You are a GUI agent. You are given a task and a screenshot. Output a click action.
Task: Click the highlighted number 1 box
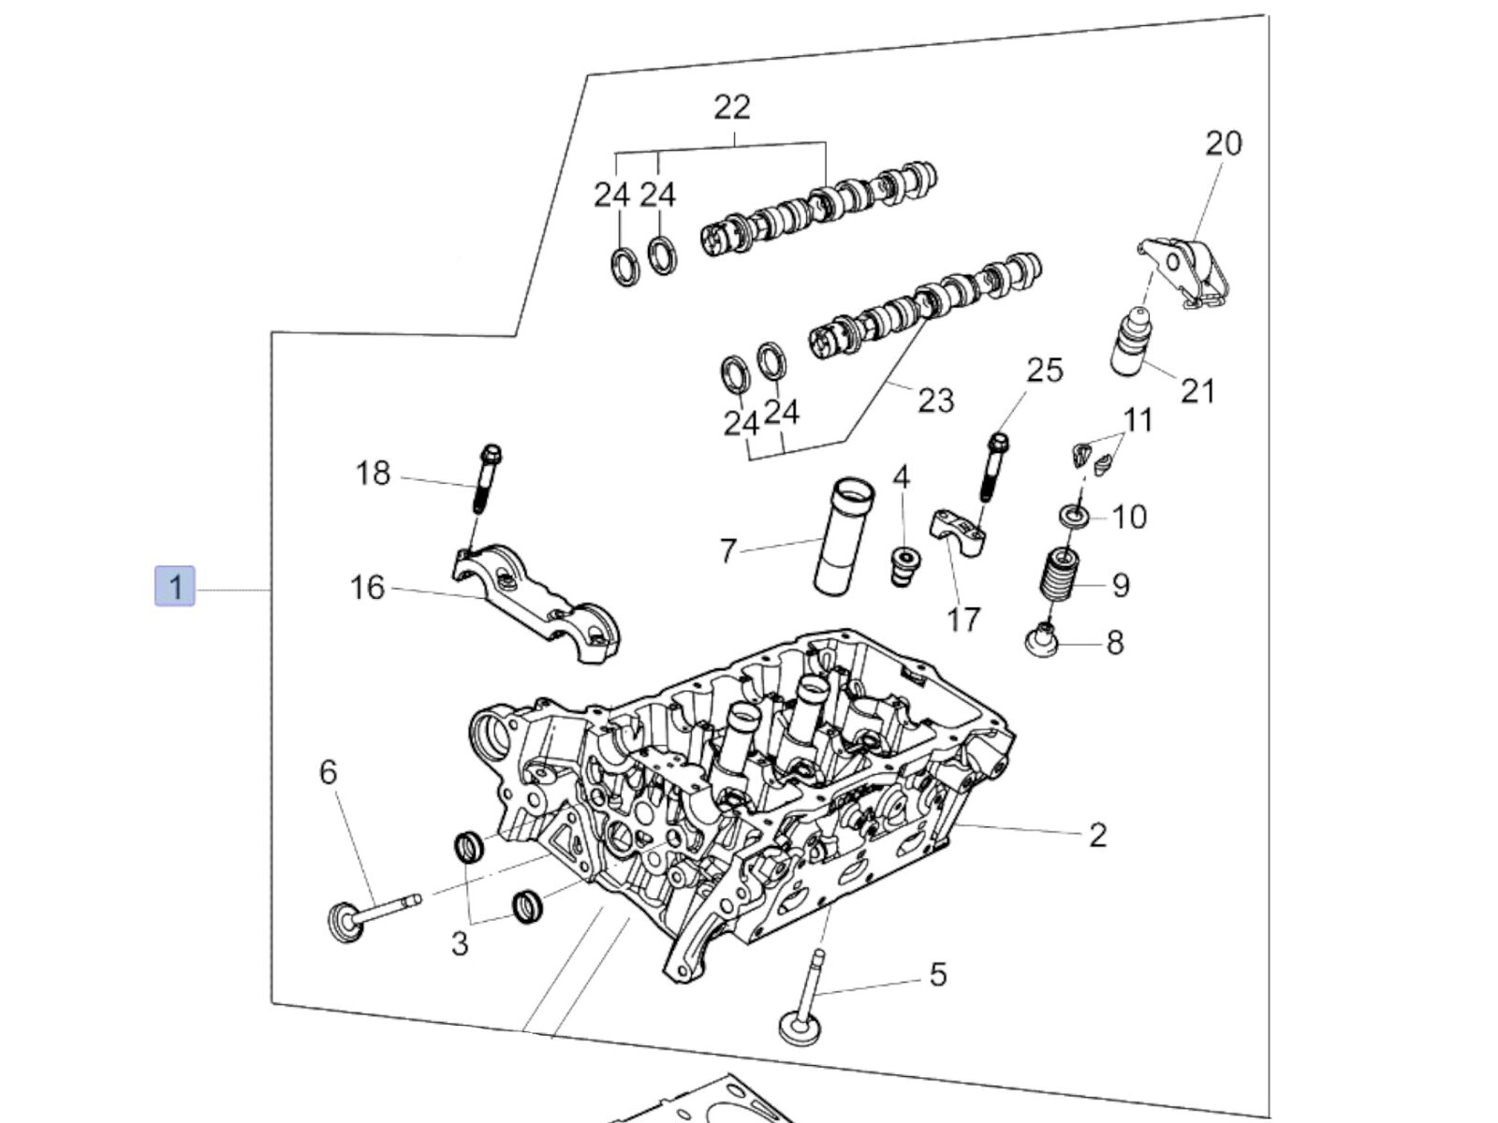click(x=175, y=587)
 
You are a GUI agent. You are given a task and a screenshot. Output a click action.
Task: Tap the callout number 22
click(x=732, y=107)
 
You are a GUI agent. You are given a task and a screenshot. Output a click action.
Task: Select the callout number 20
click(x=1223, y=143)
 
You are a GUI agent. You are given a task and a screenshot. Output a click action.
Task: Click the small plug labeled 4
click(x=901, y=565)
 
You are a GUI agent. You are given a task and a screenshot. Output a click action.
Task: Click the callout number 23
click(x=935, y=400)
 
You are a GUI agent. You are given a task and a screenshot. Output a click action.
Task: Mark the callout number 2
click(x=1097, y=835)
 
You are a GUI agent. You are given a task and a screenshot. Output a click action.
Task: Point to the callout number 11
click(x=1138, y=420)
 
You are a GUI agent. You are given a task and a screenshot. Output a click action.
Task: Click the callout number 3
click(x=459, y=942)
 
